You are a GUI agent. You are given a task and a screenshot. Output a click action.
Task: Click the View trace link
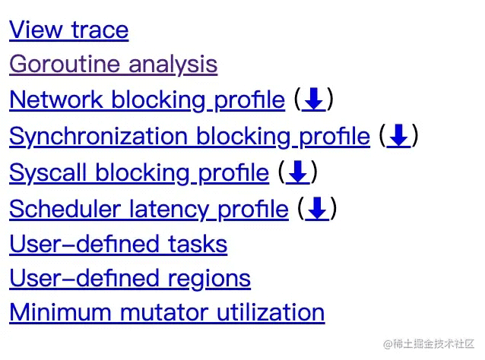click(68, 30)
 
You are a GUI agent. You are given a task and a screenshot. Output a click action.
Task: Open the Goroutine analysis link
click(113, 65)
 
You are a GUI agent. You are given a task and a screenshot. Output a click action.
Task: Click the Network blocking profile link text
click(147, 99)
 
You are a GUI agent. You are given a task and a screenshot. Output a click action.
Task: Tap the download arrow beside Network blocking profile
click(314, 99)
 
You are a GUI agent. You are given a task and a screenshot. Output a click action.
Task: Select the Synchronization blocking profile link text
click(189, 136)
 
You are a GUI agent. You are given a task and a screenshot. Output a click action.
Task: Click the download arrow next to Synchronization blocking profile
click(398, 136)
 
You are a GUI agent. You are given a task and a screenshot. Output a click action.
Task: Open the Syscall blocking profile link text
click(139, 172)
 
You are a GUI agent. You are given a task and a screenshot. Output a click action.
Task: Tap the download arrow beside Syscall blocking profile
click(297, 172)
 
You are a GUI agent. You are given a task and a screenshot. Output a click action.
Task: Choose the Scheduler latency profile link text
click(149, 209)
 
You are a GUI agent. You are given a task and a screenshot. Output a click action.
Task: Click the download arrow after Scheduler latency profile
click(317, 209)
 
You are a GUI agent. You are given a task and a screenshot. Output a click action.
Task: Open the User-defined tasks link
click(119, 244)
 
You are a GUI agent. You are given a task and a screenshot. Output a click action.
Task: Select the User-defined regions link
click(130, 279)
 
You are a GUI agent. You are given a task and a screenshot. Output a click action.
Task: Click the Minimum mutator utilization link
click(167, 313)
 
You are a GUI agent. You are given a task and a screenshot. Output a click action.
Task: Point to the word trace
click(100, 30)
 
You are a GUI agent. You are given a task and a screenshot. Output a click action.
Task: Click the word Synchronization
click(98, 136)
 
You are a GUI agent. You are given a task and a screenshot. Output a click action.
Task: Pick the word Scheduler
click(65, 209)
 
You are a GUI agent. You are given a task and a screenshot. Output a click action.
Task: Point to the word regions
click(209, 279)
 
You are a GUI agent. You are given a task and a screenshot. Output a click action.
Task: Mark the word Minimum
click(60, 313)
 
